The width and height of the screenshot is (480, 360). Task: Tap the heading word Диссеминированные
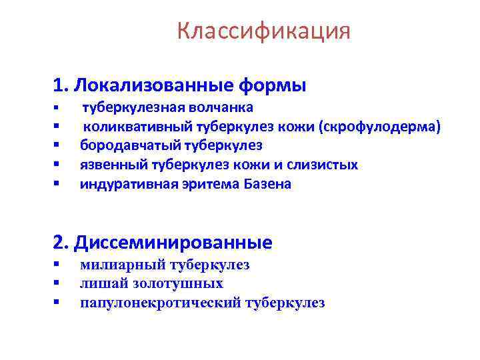(173, 242)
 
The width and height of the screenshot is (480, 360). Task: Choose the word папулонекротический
(160, 303)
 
